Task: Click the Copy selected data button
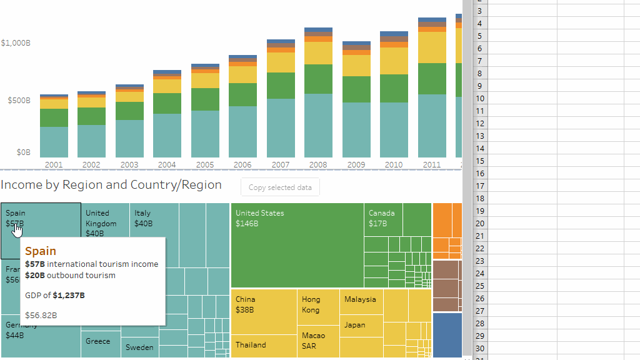point(280,187)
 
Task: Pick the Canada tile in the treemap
point(382,219)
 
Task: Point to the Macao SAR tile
point(317,341)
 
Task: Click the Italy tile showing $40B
point(154,219)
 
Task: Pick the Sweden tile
point(139,347)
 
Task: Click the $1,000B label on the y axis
point(16,43)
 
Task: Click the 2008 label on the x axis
point(317,165)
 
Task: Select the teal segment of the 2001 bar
point(54,142)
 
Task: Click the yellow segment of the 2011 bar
point(432,47)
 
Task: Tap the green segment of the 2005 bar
point(205,99)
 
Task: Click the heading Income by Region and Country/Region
point(111,185)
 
